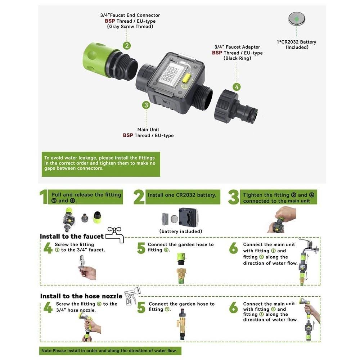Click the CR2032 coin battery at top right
[x=297, y=19]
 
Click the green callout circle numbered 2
[x=126, y=46]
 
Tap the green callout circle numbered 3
[x=146, y=105]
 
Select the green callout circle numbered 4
[x=236, y=87]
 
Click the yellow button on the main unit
[x=186, y=78]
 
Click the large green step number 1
[x=44, y=197]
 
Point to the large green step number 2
[x=139, y=197]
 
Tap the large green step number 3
[x=233, y=197]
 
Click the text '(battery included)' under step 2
[x=181, y=231]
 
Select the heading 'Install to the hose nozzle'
[x=81, y=296]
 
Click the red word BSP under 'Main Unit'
[x=128, y=135]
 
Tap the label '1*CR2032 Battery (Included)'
[x=296, y=45]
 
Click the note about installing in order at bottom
[x=110, y=350]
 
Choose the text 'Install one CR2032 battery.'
[x=182, y=195]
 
